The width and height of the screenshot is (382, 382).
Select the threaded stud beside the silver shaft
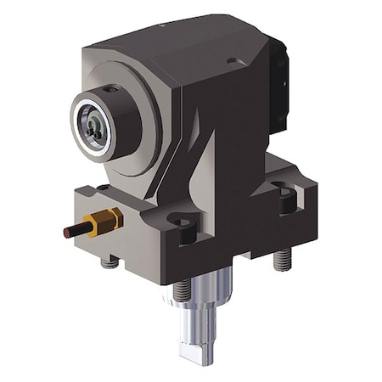point(180,291)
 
